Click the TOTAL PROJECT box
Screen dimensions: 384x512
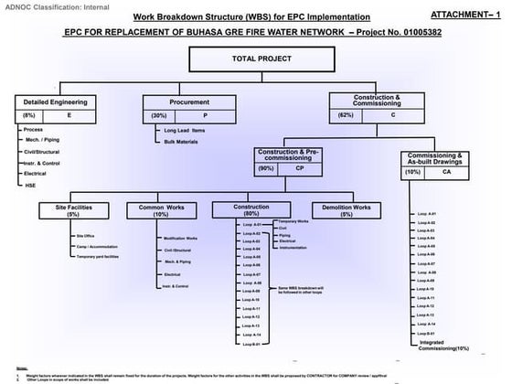tap(256, 59)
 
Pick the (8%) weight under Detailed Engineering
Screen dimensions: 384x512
tap(29, 116)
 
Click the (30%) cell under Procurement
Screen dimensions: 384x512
tap(159, 116)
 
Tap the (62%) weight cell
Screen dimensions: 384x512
tap(345, 116)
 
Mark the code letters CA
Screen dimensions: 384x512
tap(446, 171)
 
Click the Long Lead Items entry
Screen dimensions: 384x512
tap(186, 132)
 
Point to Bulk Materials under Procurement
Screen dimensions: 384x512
tap(183, 143)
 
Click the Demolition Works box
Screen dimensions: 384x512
tap(346, 210)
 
